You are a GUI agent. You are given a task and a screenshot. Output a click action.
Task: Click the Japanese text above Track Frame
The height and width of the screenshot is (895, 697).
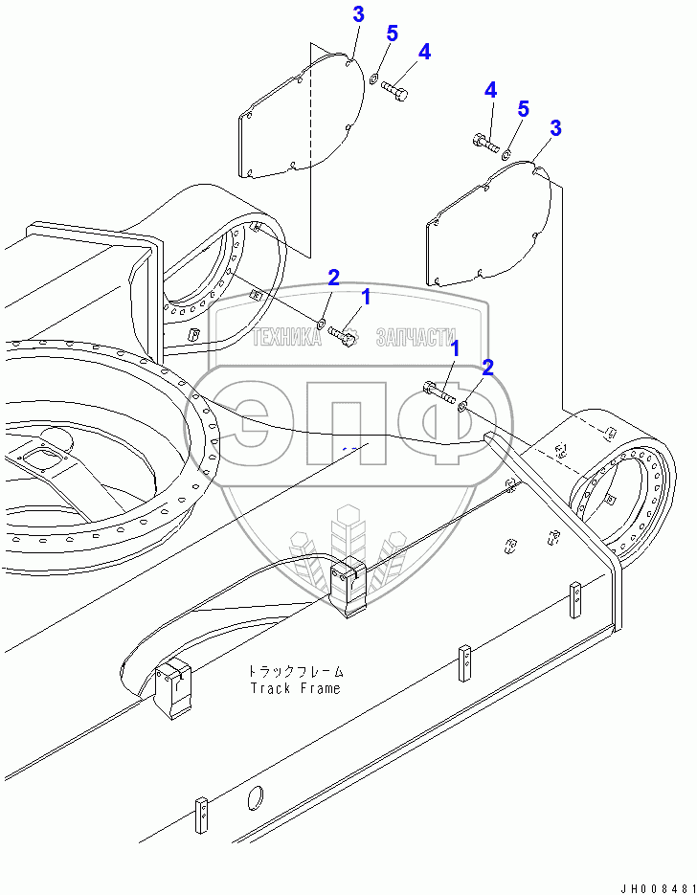[x=294, y=671]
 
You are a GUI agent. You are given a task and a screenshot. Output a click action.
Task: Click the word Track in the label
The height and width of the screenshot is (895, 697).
[x=269, y=688]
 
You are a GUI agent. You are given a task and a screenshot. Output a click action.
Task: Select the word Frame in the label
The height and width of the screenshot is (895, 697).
[x=319, y=688]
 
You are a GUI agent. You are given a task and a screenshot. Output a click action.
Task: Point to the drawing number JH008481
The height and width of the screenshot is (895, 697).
[x=651, y=885]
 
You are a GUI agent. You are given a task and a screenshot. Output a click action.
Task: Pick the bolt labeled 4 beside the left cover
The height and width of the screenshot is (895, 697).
[x=395, y=91]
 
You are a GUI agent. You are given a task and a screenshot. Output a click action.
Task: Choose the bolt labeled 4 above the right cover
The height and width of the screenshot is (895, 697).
[x=485, y=145]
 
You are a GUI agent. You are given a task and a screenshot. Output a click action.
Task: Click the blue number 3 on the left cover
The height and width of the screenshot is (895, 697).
[x=357, y=14]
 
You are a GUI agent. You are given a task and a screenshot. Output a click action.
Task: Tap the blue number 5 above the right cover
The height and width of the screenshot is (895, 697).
[x=523, y=109]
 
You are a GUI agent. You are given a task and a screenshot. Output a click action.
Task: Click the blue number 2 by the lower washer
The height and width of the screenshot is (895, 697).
[x=487, y=368]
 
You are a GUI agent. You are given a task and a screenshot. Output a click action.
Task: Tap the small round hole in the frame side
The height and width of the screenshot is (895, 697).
[x=256, y=797]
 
